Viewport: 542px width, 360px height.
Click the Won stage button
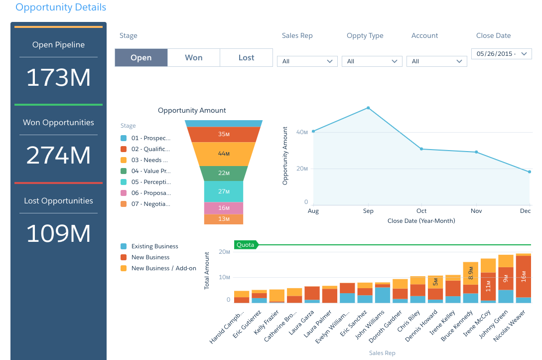(x=193, y=58)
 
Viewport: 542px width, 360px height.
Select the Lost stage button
(x=246, y=58)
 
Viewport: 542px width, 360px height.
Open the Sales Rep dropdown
(x=307, y=61)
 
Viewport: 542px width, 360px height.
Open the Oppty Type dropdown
(x=372, y=61)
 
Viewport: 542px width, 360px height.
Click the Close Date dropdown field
(x=501, y=54)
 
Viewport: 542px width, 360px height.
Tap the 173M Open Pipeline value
(x=58, y=78)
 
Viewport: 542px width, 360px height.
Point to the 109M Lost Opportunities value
(x=58, y=233)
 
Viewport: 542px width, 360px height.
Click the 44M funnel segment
(x=224, y=154)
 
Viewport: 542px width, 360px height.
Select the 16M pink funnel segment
(x=224, y=208)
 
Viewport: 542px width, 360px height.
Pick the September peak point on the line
(x=368, y=108)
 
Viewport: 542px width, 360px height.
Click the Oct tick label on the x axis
(x=421, y=211)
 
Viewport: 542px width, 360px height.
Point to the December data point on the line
(x=529, y=172)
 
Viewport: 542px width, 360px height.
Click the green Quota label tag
(x=246, y=245)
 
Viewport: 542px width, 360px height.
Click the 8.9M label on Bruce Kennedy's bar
(x=470, y=274)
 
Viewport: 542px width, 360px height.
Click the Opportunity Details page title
(x=61, y=7)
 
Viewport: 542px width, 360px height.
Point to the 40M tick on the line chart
(x=302, y=132)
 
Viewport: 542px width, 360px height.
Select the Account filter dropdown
(x=436, y=61)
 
